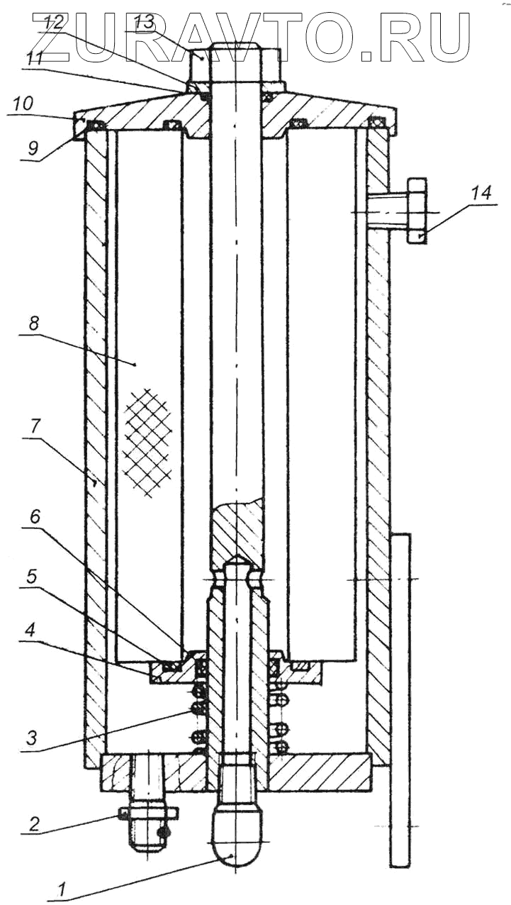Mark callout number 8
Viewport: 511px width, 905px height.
coord(34,323)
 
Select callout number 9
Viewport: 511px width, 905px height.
coord(32,150)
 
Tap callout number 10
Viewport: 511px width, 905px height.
coord(22,104)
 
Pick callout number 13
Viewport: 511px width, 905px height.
coord(143,21)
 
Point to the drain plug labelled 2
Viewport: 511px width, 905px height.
coord(147,823)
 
